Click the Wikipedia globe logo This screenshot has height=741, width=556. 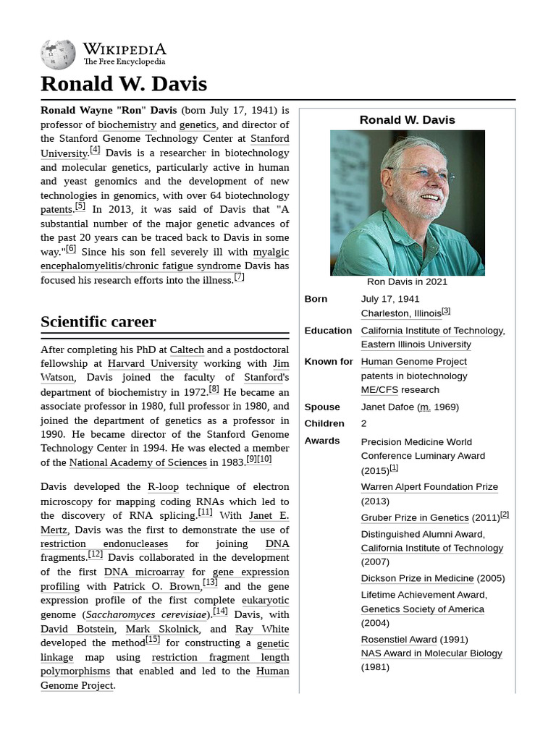tap(58, 55)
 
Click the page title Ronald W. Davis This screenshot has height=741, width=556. tap(124, 84)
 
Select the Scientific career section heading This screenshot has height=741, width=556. tap(98, 321)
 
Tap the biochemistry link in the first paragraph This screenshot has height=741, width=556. tap(127, 124)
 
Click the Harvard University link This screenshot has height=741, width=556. tap(152, 363)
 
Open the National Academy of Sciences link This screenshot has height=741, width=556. tap(138, 462)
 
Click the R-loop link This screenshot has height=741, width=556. tap(163, 487)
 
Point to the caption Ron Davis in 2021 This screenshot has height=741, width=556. tap(407, 281)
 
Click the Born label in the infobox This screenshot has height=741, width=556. tap(316, 299)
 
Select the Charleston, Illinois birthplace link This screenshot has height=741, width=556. tap(401, 313)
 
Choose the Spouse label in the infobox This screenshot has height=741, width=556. tap(322, 407)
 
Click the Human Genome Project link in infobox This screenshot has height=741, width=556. tap(413, 361)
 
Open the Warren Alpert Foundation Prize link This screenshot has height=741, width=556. tap(429, 487)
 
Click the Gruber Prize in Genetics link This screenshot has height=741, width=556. tap(415, 517)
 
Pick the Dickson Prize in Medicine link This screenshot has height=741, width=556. tap(417, 578)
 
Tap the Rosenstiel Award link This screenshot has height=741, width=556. tap(399, 639)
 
